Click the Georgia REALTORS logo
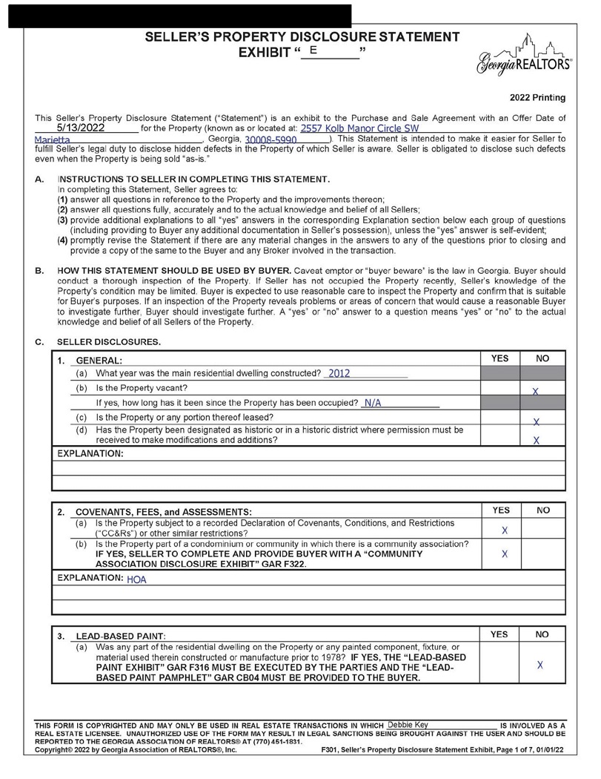click(525, 56)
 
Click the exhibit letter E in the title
click(314, 50)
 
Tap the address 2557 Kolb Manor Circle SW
click(359, 128)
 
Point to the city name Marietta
click(53, 139)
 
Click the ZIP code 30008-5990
click(265, 139)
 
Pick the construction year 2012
click(339, 373)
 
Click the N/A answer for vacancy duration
click(372, 403)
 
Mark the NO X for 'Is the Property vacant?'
click(535, 390)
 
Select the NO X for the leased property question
click(536, 421)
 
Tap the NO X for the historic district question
click(536, 440)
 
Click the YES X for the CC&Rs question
click(505, 530)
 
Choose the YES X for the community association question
click(505, 554)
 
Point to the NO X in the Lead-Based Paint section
click(539, 665)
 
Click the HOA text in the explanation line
click(137, 579)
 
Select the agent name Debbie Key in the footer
click(408, 724)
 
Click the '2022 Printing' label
click(537, 97)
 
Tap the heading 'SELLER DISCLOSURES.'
click(108, 342)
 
